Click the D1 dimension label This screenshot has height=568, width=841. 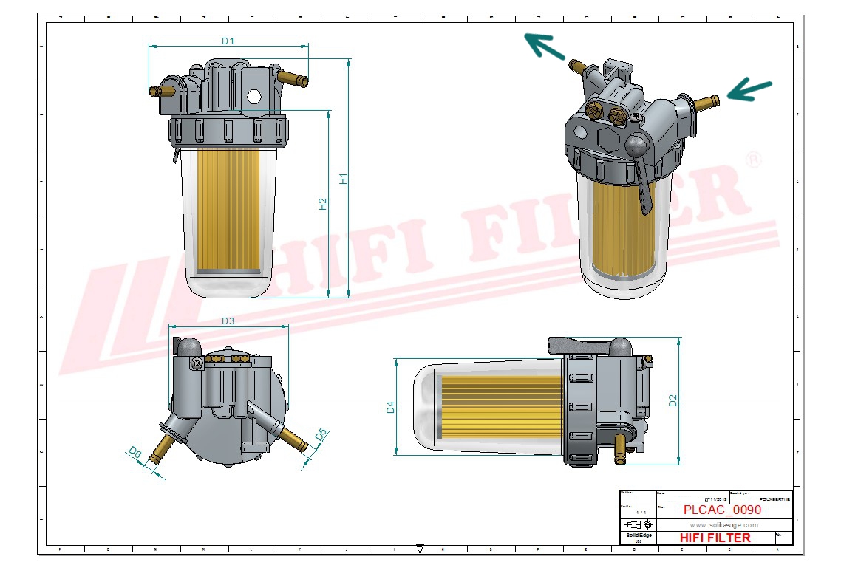(228, 41)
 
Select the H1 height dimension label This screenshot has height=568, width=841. (343, 179)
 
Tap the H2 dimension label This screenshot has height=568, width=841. (323, 205)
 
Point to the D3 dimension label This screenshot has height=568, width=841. (228, 321)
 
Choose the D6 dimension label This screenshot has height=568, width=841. (135, 452)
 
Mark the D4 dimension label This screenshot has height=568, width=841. (390, 407)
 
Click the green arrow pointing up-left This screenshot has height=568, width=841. (543, 47)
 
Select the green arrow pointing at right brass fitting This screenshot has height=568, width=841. (749, 90)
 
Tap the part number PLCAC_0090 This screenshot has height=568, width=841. (722, 510)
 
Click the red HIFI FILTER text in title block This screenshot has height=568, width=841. (715, 538)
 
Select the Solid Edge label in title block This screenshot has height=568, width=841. (638, 535)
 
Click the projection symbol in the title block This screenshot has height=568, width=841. (638, 524)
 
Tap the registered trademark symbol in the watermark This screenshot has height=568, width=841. (753, 160)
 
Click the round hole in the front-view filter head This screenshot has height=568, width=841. (253, 96)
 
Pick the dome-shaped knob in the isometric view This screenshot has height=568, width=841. (638, 144)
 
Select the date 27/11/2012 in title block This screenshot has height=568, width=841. (715, 499)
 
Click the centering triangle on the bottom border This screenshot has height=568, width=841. (420, 549)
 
